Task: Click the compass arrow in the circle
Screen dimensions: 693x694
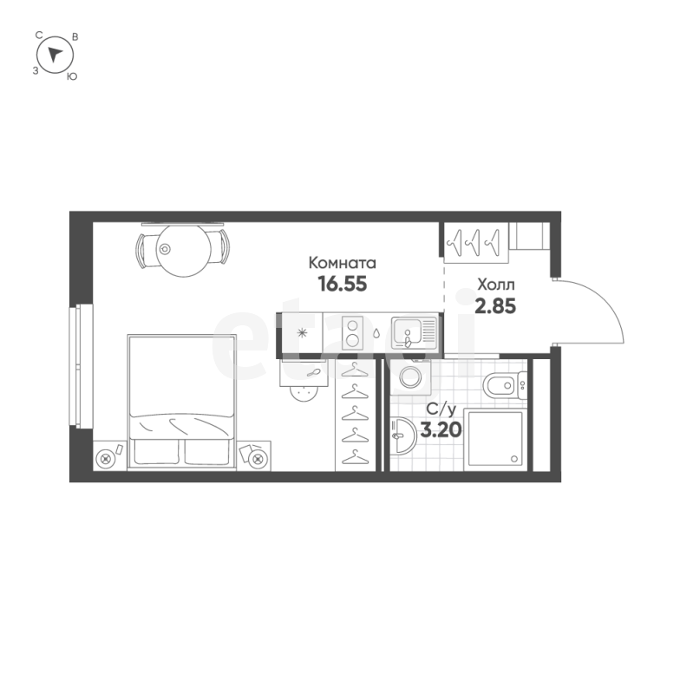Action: pos(55,55)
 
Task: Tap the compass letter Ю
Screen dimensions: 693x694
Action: pos(72,76)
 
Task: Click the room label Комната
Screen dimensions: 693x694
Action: pos(342,263)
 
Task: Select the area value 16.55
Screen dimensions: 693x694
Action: pos(343,284)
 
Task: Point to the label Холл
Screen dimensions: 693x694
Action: pos(495,285)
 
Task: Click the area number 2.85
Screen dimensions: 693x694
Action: pos(495,306)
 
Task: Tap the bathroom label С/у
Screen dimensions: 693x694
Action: pos(441,409)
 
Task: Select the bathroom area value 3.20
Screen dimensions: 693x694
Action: pos(441,429)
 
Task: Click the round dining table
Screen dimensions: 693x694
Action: pos(184,251)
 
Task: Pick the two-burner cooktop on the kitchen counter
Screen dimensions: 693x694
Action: pos(352,333)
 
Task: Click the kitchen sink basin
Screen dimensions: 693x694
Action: pos(407,332)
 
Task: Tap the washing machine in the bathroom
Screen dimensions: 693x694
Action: pos(410,376)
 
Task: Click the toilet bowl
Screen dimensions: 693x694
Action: pos(501,386)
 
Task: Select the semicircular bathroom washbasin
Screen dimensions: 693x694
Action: pos(404,435)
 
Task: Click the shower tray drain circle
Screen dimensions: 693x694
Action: pos(514,459)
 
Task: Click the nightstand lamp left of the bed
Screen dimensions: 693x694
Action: pos(105,459)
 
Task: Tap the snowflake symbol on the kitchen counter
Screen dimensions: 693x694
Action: pos(302,333)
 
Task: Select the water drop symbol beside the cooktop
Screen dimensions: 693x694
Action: pos(376,333)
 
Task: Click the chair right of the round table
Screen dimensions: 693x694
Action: pos(220,246)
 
